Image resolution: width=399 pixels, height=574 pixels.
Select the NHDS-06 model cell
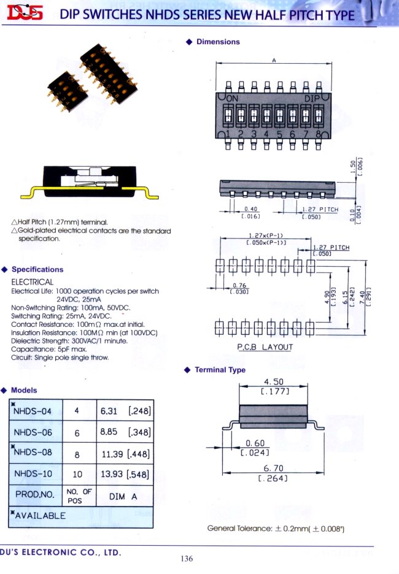click(x=37, y=432)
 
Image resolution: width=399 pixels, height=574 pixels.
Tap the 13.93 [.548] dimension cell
click(x=125, y=474)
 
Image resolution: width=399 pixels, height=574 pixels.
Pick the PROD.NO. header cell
click(x=37, y=494)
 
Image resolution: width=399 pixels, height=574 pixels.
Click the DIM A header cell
click(x=125, y=496)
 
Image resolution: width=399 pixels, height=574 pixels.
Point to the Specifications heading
click(x=37, y=269)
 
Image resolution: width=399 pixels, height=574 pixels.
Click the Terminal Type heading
click(x=220, y=370)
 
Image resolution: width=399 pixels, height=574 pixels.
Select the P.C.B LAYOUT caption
click(x=265, y=347)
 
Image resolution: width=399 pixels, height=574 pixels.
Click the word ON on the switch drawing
click(x=234, y=98)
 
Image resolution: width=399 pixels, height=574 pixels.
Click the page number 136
click(x=187, y=558)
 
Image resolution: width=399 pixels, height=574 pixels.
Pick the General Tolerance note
click(x=276, y=529)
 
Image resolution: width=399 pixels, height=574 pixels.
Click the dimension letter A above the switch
click(x=274, y=60)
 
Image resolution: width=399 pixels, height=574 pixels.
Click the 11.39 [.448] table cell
click(x=125, y=454)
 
